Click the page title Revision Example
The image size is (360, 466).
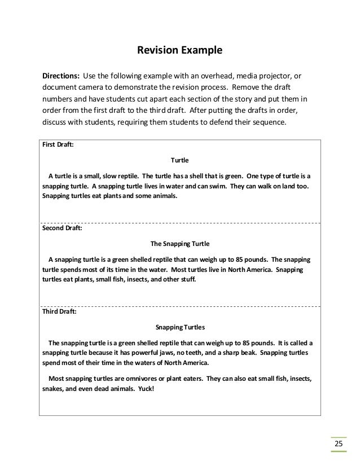click(180, 51)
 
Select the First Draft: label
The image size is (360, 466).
click(58, 144)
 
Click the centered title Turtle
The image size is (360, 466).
click(179, 160)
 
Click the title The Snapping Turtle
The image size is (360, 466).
click(179, 244)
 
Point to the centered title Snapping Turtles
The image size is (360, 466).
click(179, 327)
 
